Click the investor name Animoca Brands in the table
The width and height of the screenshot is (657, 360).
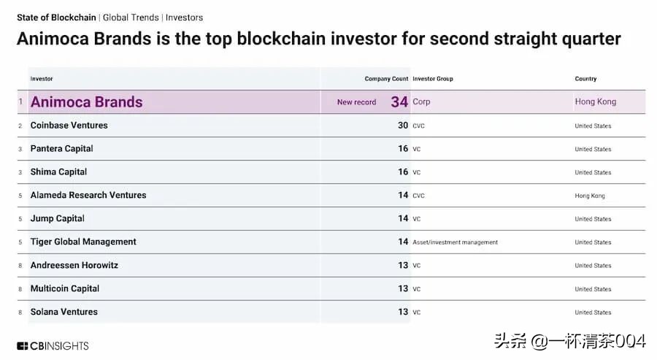click(x=86, y=102)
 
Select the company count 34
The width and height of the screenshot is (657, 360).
click(x=399, y=102)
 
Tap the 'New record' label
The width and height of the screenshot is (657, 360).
click(x=356, y=102)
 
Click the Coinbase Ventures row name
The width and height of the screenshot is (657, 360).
click(x=69, y=126)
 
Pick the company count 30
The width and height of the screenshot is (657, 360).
click(x=402, y=126)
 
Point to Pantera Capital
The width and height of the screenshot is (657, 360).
click(x=61, y=149)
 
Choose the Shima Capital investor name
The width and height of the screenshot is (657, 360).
click(x=58, y=172)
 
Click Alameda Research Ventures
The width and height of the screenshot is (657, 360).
click(x=88, y=196)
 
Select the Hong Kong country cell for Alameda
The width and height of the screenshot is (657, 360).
click(x=590, y=196)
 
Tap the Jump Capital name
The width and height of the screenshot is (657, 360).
click(x=57, y=218)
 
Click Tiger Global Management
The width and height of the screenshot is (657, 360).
click(x=83, y=242)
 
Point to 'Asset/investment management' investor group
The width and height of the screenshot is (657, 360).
click(x=455, y=242)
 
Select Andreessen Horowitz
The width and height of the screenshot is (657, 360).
click(x=74, y=265)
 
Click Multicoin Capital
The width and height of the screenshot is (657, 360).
click(x=64, y=288)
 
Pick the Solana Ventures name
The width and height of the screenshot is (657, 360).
click(x=64, y=312)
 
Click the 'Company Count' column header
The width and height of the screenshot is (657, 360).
click(x=386, y=79)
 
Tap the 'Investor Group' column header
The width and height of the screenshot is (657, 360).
click(x=433, y=79)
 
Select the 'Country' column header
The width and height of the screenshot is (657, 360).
click(x=585, y=79)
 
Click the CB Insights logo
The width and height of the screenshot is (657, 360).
click(x=53, y=345)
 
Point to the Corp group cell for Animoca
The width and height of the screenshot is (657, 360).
click(x=421, y=102)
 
